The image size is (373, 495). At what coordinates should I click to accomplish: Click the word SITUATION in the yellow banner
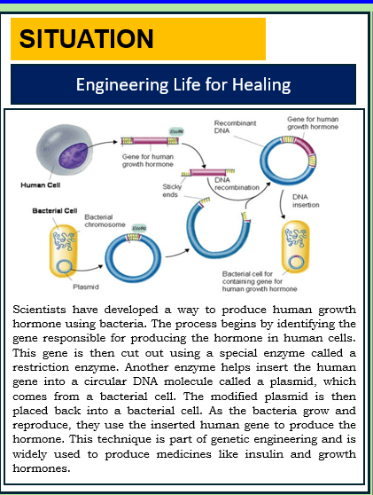[x=86, y=38]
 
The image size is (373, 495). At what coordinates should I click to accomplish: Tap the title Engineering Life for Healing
[x=183, y=84]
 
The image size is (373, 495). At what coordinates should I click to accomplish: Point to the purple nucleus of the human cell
[x=74, y=155]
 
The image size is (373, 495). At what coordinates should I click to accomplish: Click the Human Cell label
[x=41, y=185]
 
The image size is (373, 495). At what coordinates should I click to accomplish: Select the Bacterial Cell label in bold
[x=55, y=210]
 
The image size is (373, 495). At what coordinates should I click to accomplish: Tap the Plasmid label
[x=86, y=287]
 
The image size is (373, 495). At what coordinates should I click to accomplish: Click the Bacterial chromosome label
[x=105, y=221]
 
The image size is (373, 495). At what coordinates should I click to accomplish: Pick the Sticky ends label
[x=172, y=191]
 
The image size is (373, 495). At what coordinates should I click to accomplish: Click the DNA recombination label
[x=237, y=184]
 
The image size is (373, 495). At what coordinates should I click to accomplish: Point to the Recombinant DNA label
[x=235, y=127]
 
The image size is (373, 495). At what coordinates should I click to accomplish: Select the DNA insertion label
[x=306, y=200]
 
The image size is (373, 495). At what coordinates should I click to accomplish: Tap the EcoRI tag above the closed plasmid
[x=139, y=228]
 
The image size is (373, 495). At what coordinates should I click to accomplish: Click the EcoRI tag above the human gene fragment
[x=176, y=131]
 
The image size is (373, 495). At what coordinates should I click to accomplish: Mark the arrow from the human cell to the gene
[x=99, y=144]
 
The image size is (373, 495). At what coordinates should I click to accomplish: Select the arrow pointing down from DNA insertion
[x=281, y=205]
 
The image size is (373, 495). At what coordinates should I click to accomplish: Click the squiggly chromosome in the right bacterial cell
[x=295, y=238]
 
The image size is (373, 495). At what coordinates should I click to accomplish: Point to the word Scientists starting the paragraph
[x=39, y=310]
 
